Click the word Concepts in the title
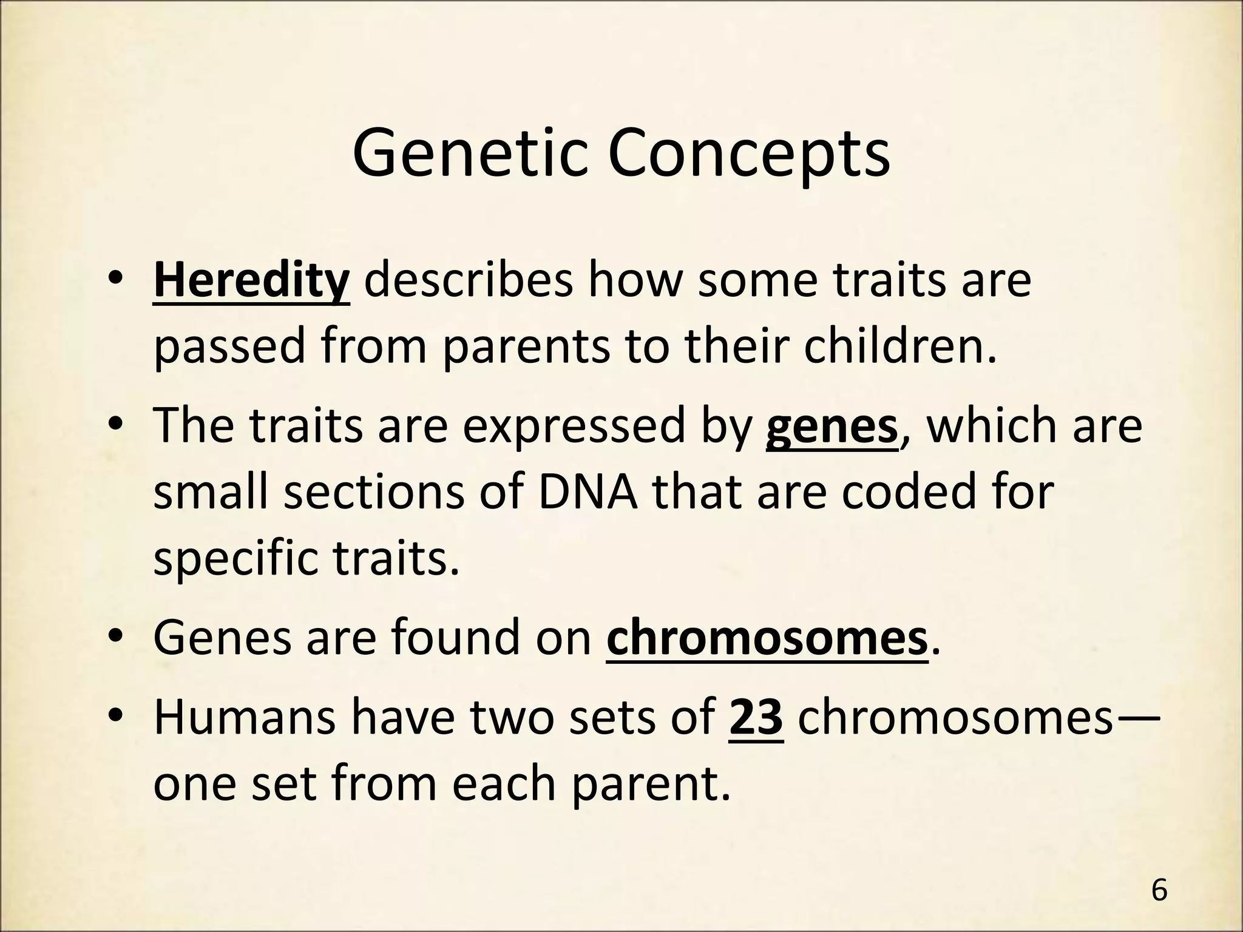[749, 155]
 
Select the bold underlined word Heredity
[251, 281]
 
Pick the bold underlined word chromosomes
[767, 638]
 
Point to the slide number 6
[1159, 891]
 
